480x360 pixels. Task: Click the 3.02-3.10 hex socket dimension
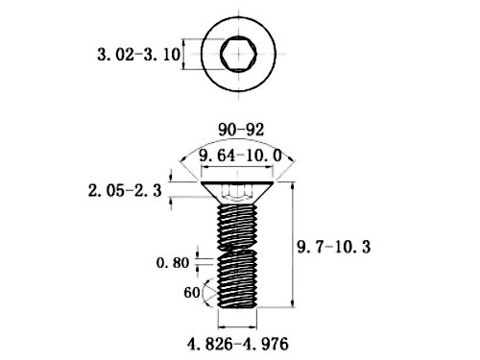tap(139, 55)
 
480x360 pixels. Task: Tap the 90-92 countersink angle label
tap(241, 130)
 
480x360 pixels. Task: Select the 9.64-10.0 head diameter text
tap(240, 156)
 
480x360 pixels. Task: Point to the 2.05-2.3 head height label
tap(125, 191)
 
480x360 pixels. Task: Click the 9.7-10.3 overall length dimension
tap(334, 247)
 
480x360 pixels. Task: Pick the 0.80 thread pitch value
tap(173, 263)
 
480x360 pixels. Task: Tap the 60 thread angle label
tap(192, 293)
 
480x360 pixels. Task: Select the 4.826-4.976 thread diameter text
tap(238, 344)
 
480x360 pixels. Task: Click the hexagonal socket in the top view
tap(238, 54)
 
